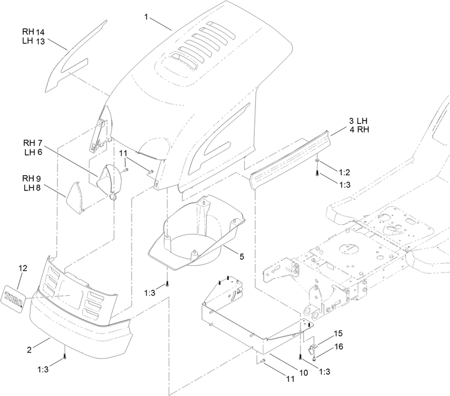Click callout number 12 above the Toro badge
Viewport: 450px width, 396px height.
pos(23,268)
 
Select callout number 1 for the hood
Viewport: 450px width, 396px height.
pos(146,17)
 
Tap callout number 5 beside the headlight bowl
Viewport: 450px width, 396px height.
pos(242,256)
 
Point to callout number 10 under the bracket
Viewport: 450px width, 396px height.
pos(303,372)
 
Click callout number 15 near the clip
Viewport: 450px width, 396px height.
pos(338,333)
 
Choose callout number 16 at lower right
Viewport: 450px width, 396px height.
pos(339,346)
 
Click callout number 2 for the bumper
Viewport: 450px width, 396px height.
pos(29,350)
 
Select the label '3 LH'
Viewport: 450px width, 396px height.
pos(358,121)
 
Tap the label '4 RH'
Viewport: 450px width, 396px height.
pos(359,130)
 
